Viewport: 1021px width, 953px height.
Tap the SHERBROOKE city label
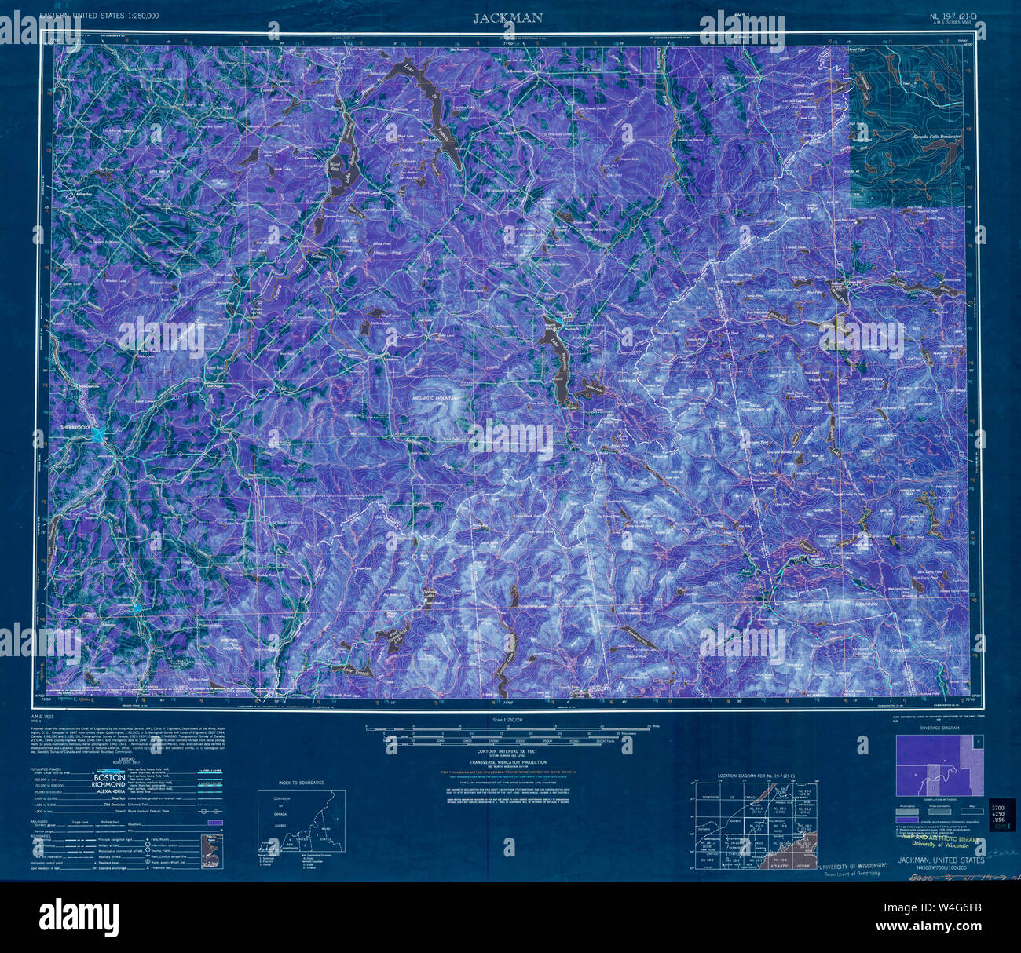77,428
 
